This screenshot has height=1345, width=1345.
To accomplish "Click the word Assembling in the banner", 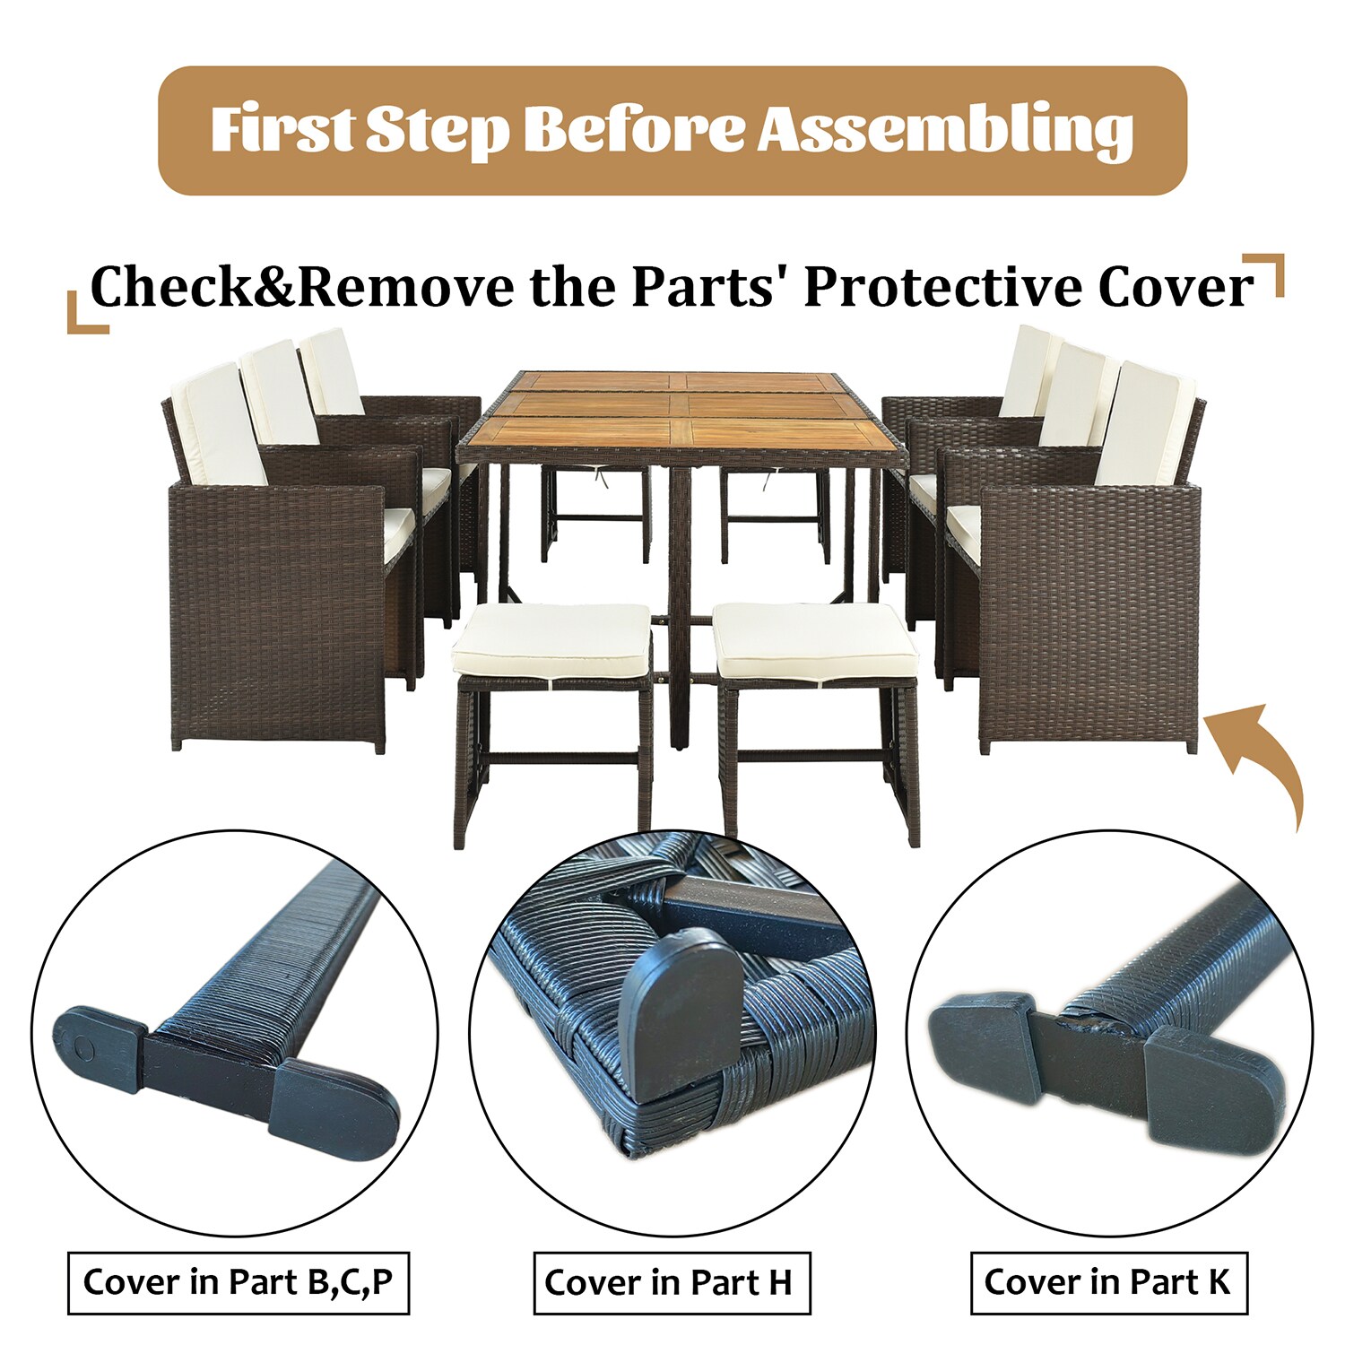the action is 945,130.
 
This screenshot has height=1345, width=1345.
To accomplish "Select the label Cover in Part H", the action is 672,1283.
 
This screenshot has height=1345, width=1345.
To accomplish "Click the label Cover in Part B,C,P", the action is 239,1282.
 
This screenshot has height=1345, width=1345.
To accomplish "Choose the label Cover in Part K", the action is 1108,1282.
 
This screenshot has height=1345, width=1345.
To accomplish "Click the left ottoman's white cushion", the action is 551,640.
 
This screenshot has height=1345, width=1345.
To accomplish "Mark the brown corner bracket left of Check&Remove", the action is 87,312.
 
